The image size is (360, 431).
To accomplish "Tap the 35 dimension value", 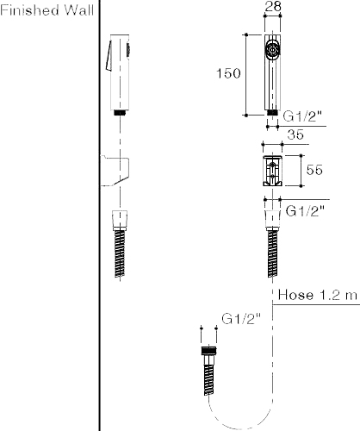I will tap(294, 134).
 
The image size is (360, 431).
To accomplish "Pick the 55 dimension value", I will tap(313, 170).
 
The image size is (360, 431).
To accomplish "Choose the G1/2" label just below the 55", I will tap(303, 209).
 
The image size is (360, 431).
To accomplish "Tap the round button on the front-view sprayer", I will tap(272, 50).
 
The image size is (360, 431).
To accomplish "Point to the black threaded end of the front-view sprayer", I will tap(272, 112).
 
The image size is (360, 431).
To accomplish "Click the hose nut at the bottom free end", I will tap(208, 353).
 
